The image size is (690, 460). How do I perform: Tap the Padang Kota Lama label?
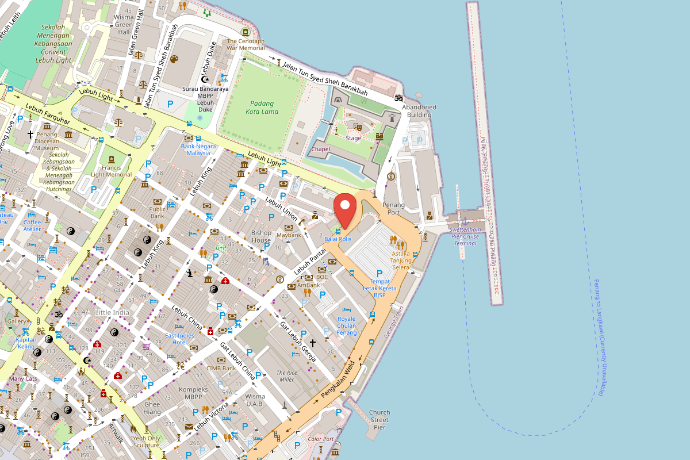pyautogui.click(x=264, y=108)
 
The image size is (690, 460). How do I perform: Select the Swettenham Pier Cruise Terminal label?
pyautogui.click(x=465, y=236)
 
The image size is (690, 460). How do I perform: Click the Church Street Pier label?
pyautogui.click(x=379, y=420)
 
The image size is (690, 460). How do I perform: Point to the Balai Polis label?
pyautogui.click(x=338, y=239)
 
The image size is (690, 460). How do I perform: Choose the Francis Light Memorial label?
pyautogui.click(x=111, y=171)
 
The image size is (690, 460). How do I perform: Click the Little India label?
pyautogui.click(x=112, y=312)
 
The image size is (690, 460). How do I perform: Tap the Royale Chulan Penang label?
pyautogui.click(x=346, y=325)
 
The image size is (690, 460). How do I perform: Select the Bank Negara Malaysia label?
pyautogui.click(x=198, y=149)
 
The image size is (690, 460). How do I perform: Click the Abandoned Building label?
pyautogui.click(x=419, y=111)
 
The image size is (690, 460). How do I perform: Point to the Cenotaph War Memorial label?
pyautogui.click(x=246, y=45)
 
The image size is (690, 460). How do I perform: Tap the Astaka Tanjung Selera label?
pyautogui.click(x=401, y=260)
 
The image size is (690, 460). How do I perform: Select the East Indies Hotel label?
pyautogui.click(x=179, y=339)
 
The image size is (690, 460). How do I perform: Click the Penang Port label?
pyautogui.click(x=393, y=209)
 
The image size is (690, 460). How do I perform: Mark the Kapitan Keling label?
pyautogui.click(x=26, y=343)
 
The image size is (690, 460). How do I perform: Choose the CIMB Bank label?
pyautogui.click(x=221, y=368)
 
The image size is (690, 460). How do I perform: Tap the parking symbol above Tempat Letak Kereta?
pyautogui.click(x=379, y=273)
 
